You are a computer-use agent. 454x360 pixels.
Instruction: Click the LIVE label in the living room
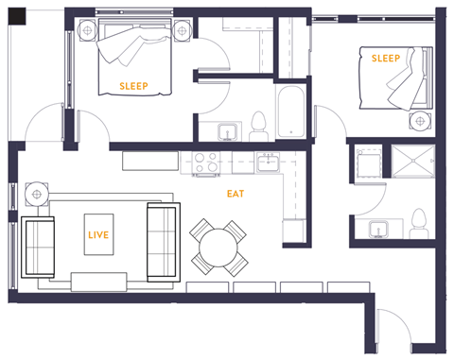coord(97,233)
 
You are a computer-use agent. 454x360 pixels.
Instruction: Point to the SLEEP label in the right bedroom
coord(386,59)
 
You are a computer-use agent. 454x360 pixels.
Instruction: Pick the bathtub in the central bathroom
coord(288,108)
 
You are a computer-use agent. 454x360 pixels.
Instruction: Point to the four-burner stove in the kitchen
coord(207,164)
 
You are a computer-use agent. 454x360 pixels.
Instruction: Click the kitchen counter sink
coord(266,163)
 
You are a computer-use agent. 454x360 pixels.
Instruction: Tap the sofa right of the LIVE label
coord(162,241)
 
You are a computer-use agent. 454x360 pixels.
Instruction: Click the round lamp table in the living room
coord(37,194)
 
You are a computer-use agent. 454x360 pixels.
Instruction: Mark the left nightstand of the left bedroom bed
coord(87,28)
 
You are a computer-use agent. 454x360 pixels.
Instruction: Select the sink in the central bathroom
coord(227,130)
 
